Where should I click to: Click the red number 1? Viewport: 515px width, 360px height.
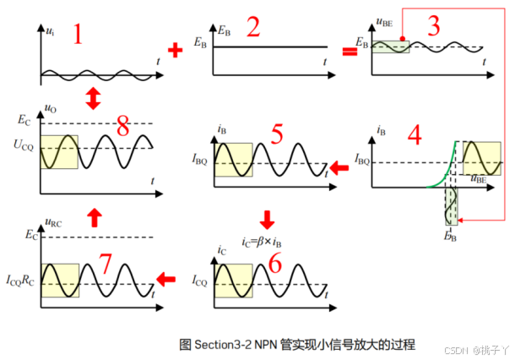(x=79, y=35)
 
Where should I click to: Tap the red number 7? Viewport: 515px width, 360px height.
(x=106, y=265)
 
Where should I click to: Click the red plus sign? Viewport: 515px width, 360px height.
(x=176, y=51)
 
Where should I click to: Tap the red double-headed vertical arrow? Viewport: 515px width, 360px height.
(x=93, y=100)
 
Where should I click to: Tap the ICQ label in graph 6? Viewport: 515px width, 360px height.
(x=202, y=280)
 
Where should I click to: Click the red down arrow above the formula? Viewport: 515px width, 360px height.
(x=267, y=219)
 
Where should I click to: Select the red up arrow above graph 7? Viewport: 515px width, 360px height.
(x=94, y=218)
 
